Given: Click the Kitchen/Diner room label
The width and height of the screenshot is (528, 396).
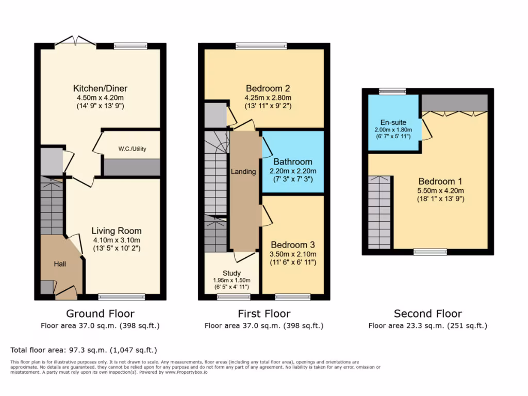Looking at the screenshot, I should [100, 88].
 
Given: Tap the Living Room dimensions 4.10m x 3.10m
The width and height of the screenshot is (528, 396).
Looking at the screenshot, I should [117, 240].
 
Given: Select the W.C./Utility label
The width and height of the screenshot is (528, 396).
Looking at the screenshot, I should [132, 149].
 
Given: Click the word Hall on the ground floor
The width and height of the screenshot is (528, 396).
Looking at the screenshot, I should [60, 263].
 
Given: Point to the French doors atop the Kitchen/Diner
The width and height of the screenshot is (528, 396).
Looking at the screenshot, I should [76, 41].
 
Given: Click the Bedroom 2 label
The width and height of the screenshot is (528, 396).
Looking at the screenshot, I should [268, 88].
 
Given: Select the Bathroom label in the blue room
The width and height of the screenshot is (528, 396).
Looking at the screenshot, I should [293, 161].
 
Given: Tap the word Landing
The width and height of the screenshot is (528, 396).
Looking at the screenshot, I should [243, 172].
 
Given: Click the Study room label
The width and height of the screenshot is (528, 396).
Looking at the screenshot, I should [232, 273].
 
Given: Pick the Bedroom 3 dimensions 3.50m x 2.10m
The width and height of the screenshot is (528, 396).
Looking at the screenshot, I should [293, 254].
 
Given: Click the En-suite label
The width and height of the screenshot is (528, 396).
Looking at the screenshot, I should [393, 122].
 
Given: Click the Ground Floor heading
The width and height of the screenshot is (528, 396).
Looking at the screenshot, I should [100, 313].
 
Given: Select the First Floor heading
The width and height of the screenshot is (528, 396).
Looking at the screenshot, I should [264, 313].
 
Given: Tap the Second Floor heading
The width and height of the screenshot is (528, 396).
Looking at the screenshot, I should [428, 313].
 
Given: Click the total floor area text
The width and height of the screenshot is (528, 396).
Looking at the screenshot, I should [84, 350].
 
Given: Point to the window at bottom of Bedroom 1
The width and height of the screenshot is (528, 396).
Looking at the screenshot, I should [430, 252].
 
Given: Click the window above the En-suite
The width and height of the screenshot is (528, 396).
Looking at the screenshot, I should [392, 91].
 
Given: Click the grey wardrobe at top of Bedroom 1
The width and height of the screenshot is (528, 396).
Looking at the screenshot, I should [454, 103].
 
